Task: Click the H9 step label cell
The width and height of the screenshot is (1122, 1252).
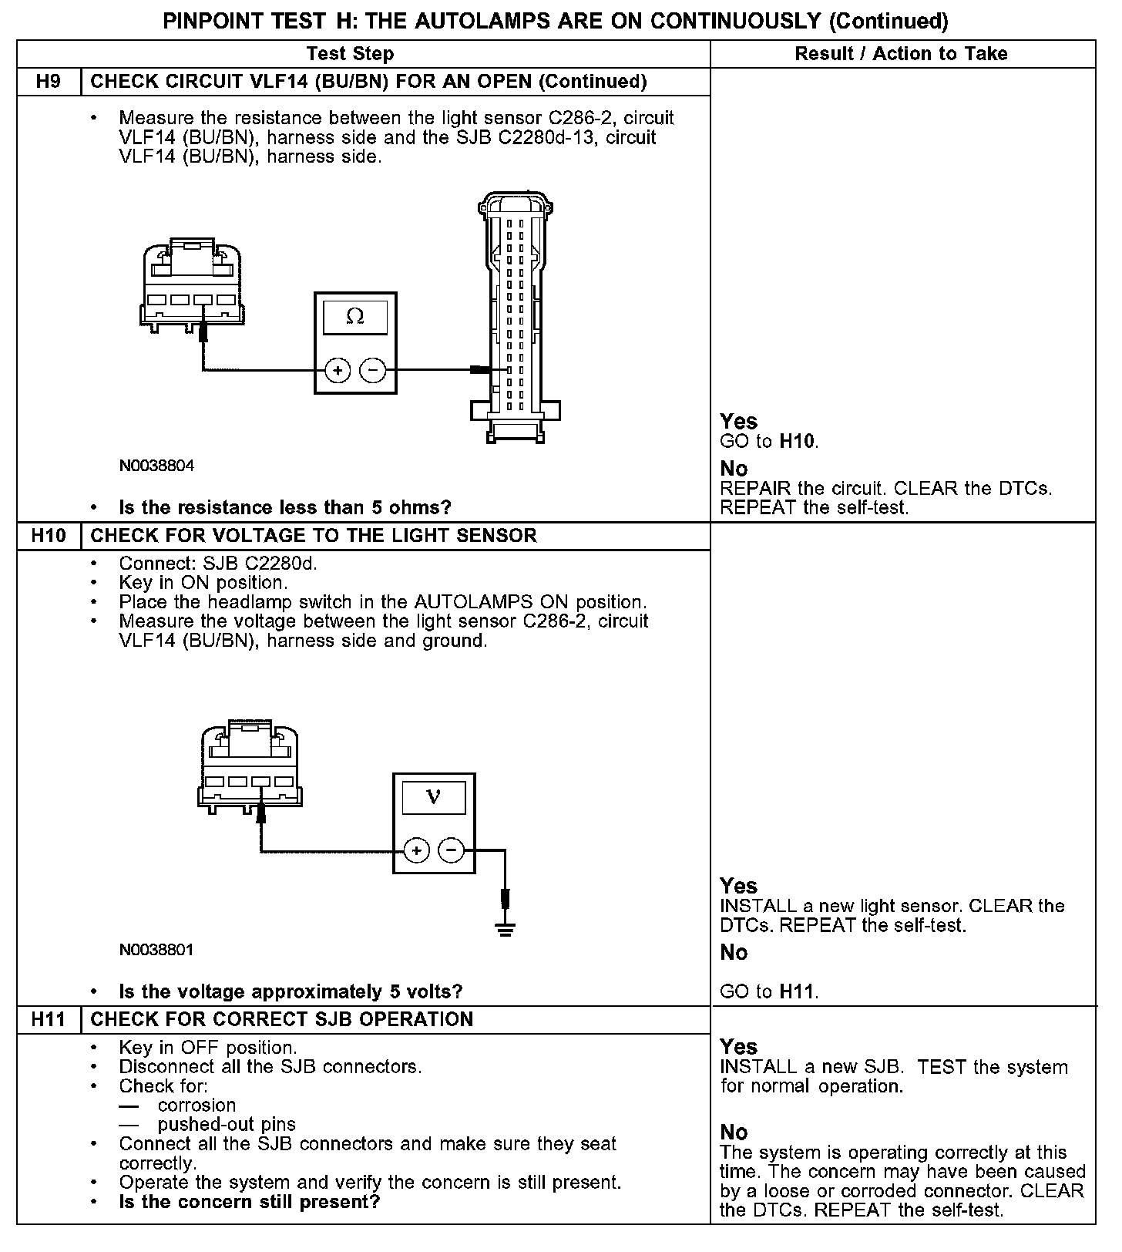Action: pos(49,82)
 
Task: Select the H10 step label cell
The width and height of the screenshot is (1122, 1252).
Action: pos(49,536)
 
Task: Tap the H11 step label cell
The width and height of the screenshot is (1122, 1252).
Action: pos(49,1019)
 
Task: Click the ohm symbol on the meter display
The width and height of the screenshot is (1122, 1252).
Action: pos(355,316)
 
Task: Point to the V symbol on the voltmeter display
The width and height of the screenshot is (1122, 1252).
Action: pos(434,797)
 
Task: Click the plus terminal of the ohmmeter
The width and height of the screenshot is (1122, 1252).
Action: pos(338,371)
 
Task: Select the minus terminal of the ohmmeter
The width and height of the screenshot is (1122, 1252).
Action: pos(373,371)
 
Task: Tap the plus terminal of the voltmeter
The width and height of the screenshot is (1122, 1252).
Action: pos(416,851)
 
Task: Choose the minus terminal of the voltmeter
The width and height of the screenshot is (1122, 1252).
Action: pos(452,851)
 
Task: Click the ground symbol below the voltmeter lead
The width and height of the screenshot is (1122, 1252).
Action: pos(506,929)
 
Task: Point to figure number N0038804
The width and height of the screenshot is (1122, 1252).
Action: pos(156,466)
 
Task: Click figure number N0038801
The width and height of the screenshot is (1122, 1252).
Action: pos(156,950)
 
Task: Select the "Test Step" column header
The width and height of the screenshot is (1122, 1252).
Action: pos(350,54)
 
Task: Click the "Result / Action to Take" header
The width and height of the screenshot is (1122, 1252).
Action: pos(901,54)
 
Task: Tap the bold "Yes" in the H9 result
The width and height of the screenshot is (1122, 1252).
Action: pos(738,422)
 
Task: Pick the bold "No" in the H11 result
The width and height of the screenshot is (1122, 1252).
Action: pos(734,1133)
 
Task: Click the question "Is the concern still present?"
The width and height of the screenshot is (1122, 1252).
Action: pos(250,1202)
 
